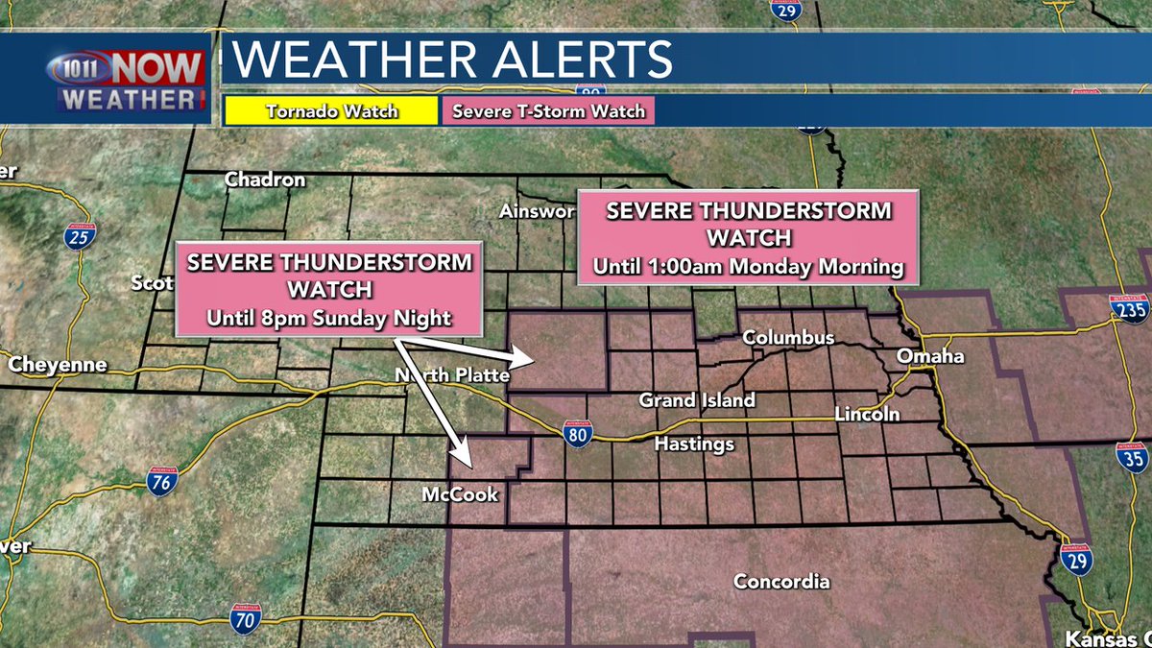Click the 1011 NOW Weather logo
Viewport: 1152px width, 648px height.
point(129,81)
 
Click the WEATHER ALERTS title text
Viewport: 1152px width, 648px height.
point(453,60)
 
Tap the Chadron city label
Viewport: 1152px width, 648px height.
point(265,180)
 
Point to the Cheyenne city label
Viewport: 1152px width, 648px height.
point(58,365)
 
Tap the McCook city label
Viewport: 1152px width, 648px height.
point(461,495)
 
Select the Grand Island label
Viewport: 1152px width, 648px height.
point(697,399)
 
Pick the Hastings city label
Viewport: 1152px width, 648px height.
point(693,444)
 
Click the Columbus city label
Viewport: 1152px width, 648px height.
point(788,338)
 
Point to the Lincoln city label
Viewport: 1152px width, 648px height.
point(867,414)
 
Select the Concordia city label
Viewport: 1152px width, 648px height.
point(781,581)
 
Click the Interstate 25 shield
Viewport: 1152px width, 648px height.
point(81,235)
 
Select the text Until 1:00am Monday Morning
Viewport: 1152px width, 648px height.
point(748,266)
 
